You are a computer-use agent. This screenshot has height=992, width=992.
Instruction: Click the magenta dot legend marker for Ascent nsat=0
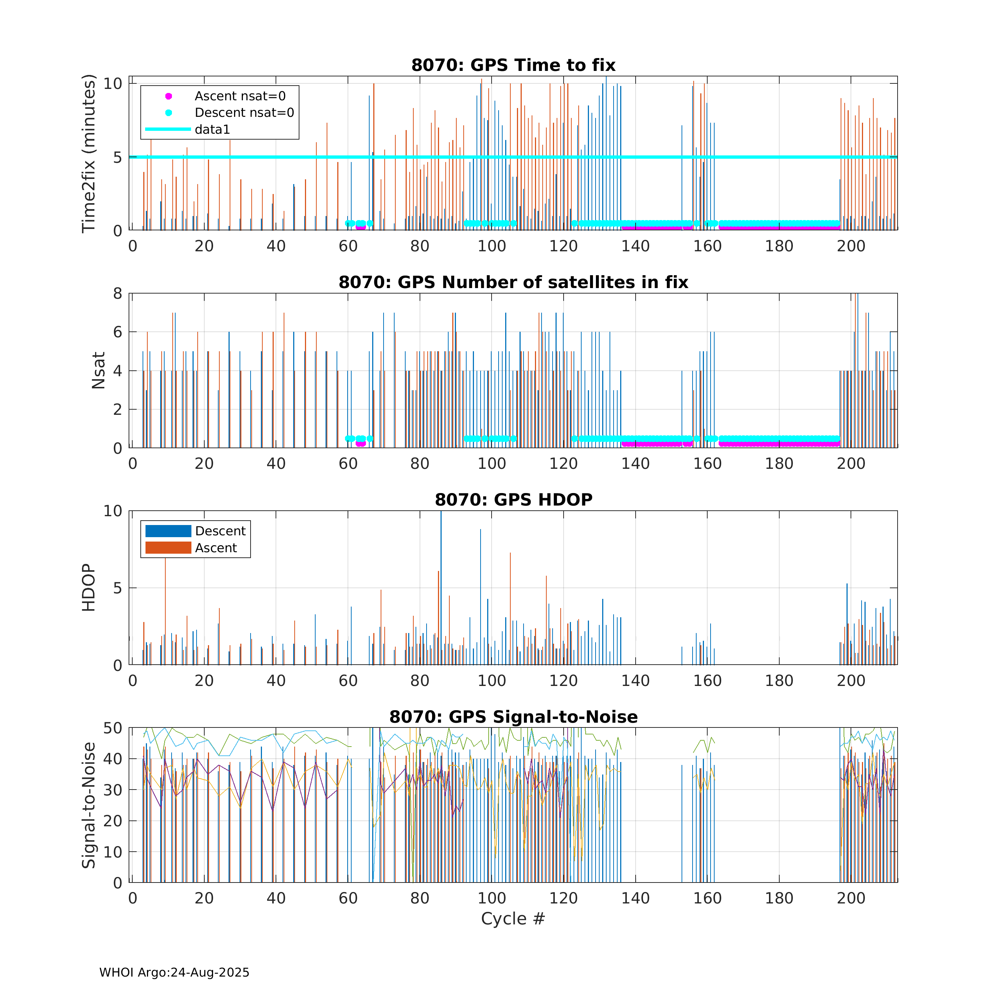coord(168,96)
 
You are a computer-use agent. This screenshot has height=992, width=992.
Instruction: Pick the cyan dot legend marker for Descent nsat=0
coord(168,112)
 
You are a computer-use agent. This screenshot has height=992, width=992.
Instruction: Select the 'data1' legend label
coord(212,129)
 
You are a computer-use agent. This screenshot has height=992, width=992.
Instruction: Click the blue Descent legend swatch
coord(168,531)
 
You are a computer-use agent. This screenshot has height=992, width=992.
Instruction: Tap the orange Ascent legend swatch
coord(168,548)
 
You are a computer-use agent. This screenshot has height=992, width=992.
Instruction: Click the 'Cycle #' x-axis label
coord(513,919)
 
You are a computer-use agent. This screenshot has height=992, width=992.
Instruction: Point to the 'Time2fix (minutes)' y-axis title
coord(89,153)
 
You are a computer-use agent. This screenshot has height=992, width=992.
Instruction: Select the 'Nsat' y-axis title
coord(98,370)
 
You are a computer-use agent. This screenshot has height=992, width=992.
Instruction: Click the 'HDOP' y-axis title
coord(89,587)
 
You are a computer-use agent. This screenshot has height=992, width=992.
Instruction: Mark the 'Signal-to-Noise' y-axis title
coord(89,805)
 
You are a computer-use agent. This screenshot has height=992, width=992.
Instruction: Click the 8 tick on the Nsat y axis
coord(118,294)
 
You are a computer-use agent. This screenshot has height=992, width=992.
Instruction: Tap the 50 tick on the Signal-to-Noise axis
coord(112,728)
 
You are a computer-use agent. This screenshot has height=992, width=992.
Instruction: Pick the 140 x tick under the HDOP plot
coord(635,681)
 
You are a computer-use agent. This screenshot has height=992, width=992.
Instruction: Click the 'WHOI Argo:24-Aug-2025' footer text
coord(174,973)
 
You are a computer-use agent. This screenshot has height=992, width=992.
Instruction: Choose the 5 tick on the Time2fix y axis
coord(118,157)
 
